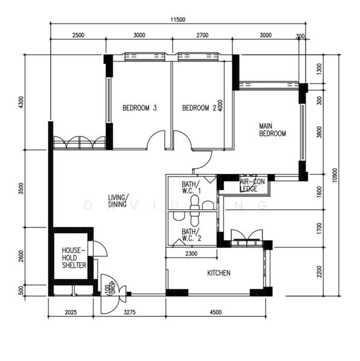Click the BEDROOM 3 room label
coord(140,108)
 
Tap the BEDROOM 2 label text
coord(199,108)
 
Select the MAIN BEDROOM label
coord(272,130)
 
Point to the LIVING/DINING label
coord(119,201)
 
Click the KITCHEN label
coord(219,273)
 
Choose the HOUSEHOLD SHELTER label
coord(74,257)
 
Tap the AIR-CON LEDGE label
coord(252,185)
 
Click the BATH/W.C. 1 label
coord(191,188)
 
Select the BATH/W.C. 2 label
coord(191,235)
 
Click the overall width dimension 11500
coord(177,20)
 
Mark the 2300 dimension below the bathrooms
coord(191,254)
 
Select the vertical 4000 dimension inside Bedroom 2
coord(221,106)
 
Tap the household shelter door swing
coord(99,248)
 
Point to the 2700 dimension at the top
coord(202,35)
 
